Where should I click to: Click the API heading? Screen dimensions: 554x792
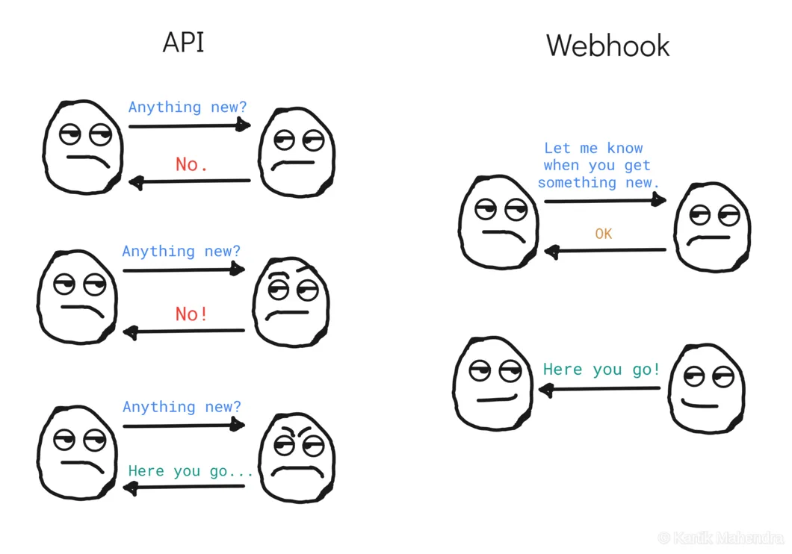183,43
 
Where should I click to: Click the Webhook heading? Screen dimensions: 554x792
607,46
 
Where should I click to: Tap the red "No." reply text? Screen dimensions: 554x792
191,164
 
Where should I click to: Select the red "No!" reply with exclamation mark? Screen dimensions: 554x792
191,314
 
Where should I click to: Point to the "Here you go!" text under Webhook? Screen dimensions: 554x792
601,369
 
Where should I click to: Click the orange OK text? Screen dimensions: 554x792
603,234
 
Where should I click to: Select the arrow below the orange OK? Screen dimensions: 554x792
605,251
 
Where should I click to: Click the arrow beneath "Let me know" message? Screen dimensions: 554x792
605,200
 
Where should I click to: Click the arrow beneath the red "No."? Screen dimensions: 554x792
190,181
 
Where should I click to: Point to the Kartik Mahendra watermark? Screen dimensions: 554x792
720,538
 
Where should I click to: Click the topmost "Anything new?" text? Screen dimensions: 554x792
187,107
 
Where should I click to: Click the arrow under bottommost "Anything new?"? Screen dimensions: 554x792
184,426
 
